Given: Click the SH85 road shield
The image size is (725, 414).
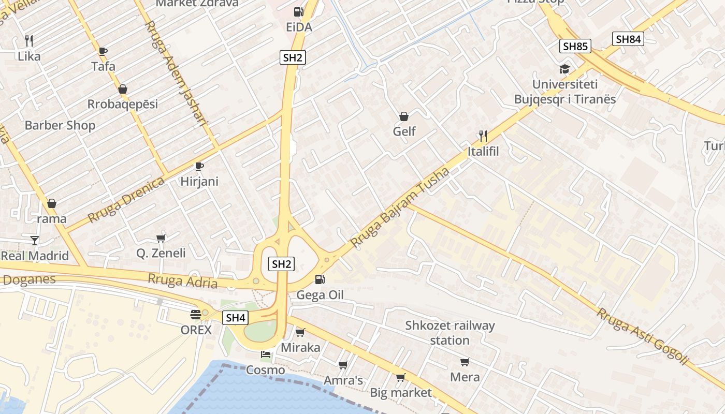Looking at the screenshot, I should click(575, 46).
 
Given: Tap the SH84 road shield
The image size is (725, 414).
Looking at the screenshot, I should click(628, 38).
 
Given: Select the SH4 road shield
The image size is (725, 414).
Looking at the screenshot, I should click(235, 318).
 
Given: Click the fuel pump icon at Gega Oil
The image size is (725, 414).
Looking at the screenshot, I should click(320, 279).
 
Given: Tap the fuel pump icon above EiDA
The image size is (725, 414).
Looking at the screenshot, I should click(299, 11).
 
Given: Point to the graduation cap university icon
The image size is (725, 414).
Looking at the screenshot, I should click(564, 69).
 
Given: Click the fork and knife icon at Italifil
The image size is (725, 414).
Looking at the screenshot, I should click(483, 136).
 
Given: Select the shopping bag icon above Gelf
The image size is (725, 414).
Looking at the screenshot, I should click(404, 116).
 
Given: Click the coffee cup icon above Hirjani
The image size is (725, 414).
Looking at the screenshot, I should click(199, 166).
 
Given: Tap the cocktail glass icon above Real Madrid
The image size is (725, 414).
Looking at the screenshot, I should click(35, 240).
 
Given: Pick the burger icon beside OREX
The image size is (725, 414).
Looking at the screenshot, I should click(195, 314).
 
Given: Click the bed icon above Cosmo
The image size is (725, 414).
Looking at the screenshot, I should click(266, 354).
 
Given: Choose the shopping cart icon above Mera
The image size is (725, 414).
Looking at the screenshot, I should click(465, 362).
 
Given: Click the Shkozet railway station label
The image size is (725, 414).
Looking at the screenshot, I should click(450, 333).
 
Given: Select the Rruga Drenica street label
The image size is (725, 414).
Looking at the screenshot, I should click(126, 200).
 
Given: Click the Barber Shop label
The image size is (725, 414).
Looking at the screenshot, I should click(60, 125).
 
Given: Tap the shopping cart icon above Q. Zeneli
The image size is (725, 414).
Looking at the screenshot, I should click(161, 238).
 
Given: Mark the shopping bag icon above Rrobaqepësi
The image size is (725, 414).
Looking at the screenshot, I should click(123, 89).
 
